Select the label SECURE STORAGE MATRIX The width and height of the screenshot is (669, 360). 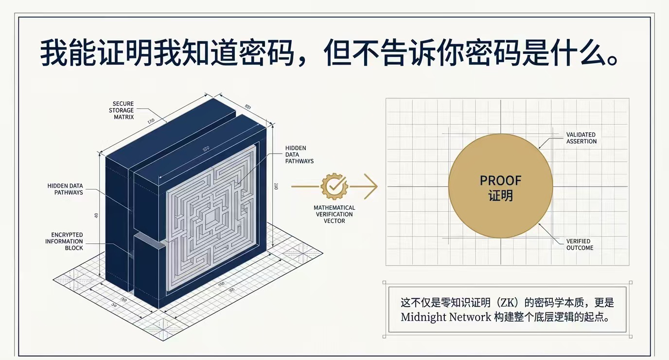(x=123, y=110)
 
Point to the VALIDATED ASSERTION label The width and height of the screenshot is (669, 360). (x=581, y=138)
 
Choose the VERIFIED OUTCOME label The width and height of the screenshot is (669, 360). (x=580, y=244)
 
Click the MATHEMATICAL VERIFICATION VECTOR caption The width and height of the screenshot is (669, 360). (x=334, y=214)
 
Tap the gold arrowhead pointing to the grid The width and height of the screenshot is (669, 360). (x=371, y=186)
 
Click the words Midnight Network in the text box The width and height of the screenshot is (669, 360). (x=446, y=317)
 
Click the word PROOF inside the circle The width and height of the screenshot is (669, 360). (x=500, y=181)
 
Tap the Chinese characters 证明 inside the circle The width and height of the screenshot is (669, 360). (x=500, y=196)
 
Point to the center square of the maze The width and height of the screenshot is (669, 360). (x=211, y=219)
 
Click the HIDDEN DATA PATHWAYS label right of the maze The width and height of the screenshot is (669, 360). (x=299, y=154)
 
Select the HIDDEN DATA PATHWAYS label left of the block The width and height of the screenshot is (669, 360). (x=65, y=189)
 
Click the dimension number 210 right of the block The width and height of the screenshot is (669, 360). (x=276, y=186)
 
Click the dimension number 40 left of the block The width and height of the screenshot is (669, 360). (x=96, y=215)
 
